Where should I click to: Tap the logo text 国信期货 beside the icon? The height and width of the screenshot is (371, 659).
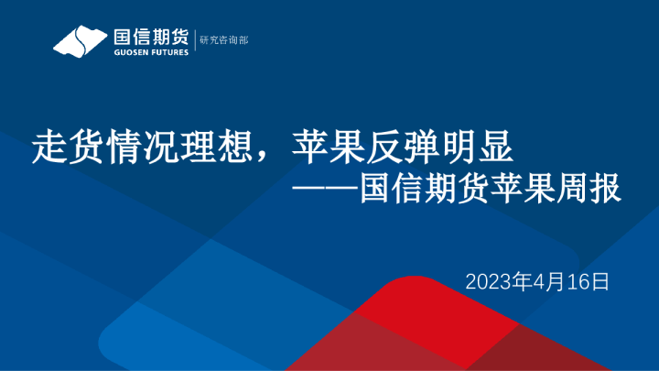pos(150,36)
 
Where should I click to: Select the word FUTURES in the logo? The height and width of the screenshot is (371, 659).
pos(170,52)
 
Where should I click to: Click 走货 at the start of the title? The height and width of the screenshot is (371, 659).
pos(57,147)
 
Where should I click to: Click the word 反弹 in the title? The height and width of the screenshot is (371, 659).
pos(394,147)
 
